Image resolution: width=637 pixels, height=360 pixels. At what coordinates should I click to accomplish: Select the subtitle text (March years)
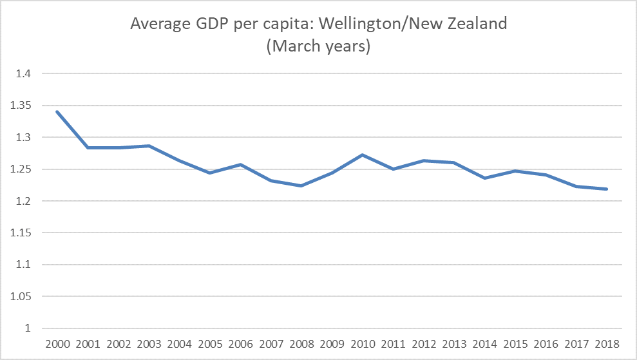click(318, 47)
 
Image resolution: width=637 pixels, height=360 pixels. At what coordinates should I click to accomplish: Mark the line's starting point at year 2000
click(58, 111)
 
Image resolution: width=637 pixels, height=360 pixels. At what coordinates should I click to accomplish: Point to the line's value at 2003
click(149, 146)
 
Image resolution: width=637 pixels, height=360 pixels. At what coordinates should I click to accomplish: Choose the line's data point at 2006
click(240, 164)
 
